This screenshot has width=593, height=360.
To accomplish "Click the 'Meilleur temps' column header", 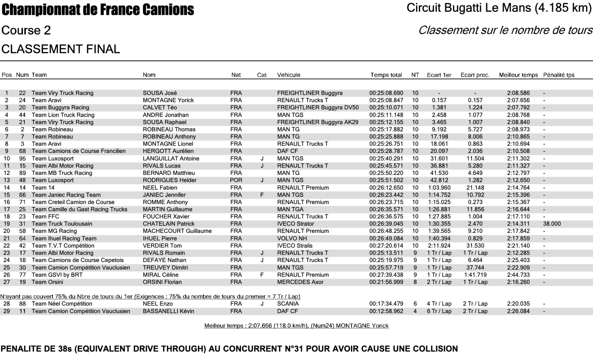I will [x=518, y=75].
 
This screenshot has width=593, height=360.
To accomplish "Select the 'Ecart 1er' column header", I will [x=439, y=75].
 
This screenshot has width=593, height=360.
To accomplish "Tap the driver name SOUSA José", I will [x=160, y=93].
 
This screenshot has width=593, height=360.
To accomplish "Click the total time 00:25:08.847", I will [x=386, y=100].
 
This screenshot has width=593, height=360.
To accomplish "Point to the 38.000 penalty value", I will [x=552, y=224].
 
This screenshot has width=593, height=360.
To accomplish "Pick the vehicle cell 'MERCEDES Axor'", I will [x=300, y=282].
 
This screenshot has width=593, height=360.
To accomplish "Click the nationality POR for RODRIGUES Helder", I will [x=236, y=180].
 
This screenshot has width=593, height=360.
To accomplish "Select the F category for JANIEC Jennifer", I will [x=262, y=195].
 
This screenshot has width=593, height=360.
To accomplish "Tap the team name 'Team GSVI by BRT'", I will [x=57, y=275].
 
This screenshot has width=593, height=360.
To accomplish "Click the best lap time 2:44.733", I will [x=518, y=275].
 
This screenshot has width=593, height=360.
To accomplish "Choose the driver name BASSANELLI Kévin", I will [x=168, y=311].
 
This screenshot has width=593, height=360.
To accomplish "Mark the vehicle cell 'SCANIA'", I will [x=288, y=304].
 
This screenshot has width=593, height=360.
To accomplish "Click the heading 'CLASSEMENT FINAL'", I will [x=61, y=49].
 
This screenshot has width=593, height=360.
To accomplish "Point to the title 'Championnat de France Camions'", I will [x=98, y=10].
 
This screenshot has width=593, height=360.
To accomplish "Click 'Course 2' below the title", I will [x=26, y=30].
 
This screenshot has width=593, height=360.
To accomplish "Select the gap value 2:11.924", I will [x=439, y=246].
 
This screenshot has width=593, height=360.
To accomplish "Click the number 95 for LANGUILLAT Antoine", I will [x=22, y=159].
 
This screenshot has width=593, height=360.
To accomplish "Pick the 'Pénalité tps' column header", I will [x=558, y=75].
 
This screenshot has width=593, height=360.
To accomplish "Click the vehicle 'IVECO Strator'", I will [x=295, y=224].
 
